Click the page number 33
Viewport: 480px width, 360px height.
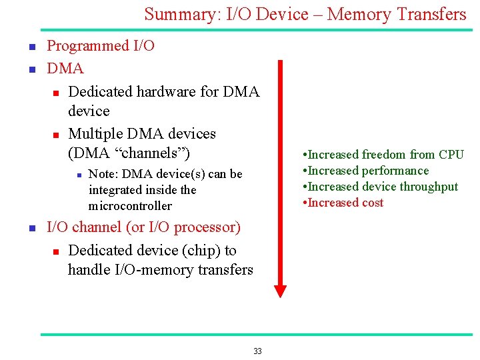[x=257, y=351]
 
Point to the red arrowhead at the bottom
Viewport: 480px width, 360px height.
[x=280, y=290]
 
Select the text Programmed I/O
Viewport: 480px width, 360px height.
[x=101, y=46]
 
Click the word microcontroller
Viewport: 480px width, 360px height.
[x=130, y=206]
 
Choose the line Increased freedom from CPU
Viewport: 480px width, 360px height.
[x=383, y=155]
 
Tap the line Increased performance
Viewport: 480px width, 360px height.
[x=366, y=171]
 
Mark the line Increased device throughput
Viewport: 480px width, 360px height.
[x=381, y=187]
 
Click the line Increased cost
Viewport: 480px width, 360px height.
[x=343, y=203]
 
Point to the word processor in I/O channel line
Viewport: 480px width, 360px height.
[x=207, y=227]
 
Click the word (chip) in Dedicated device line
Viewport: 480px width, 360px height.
[x=201, y=251]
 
